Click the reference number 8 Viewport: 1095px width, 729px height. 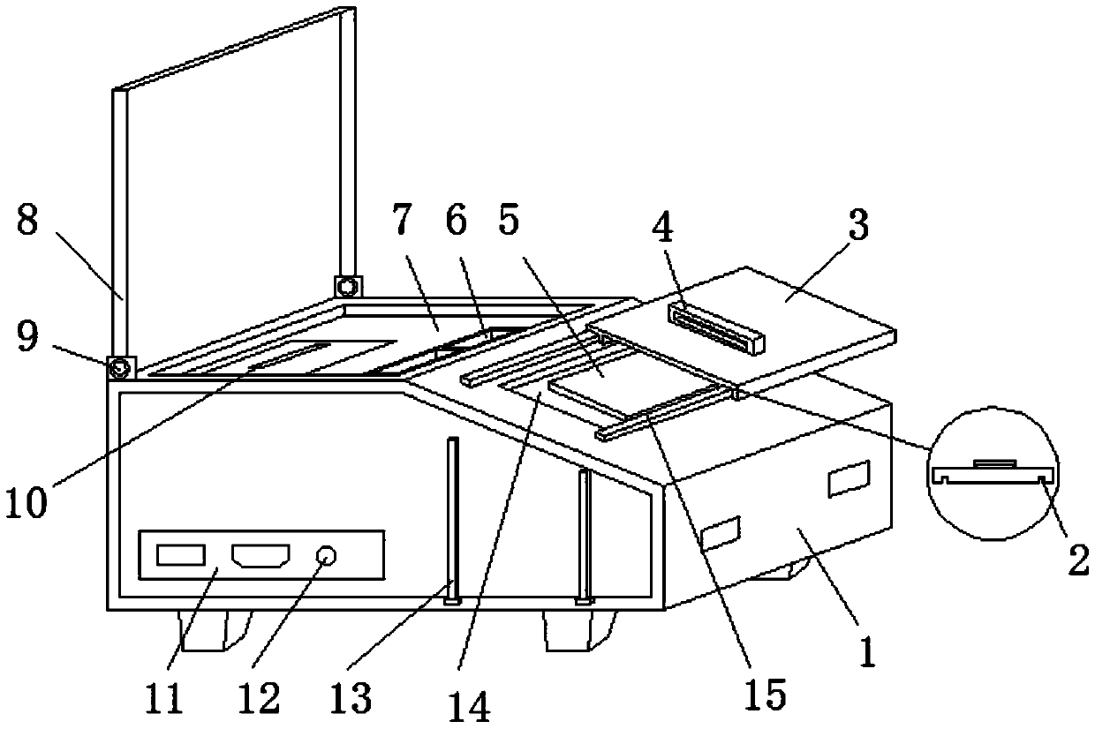pyautogui.click(x=27, y=221)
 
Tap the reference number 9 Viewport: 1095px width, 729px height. pyautogui.click(x=28, y=337)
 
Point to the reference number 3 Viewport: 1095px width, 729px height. pyautogui.click(x=859, y=225)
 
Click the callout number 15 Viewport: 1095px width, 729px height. pyautogui.click(x=765, y=695)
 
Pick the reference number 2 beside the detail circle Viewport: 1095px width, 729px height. pyautogui.click(x=1078, y=560)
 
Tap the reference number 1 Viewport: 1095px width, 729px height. pyautogui.click(x=868, y=652)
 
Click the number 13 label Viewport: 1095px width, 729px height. pyautogui.click(x=351, y=697)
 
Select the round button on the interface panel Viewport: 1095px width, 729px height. pyautogui.click(x=327, y=556)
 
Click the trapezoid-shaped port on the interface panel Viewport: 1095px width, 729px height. pyautogui.click(x=261, y=556)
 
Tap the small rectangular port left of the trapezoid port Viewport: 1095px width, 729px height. pyautogui.click(x=181, y=555)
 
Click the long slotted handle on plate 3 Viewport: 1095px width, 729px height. pyautogui.click(x=717, y=328)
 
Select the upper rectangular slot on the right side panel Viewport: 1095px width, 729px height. pyautogui.click(x=849, y=479)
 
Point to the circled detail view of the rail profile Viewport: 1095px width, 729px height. pyautogui.click(x=993, y=473)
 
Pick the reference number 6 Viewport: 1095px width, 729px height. pyautogui.click(x=456, y=221)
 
